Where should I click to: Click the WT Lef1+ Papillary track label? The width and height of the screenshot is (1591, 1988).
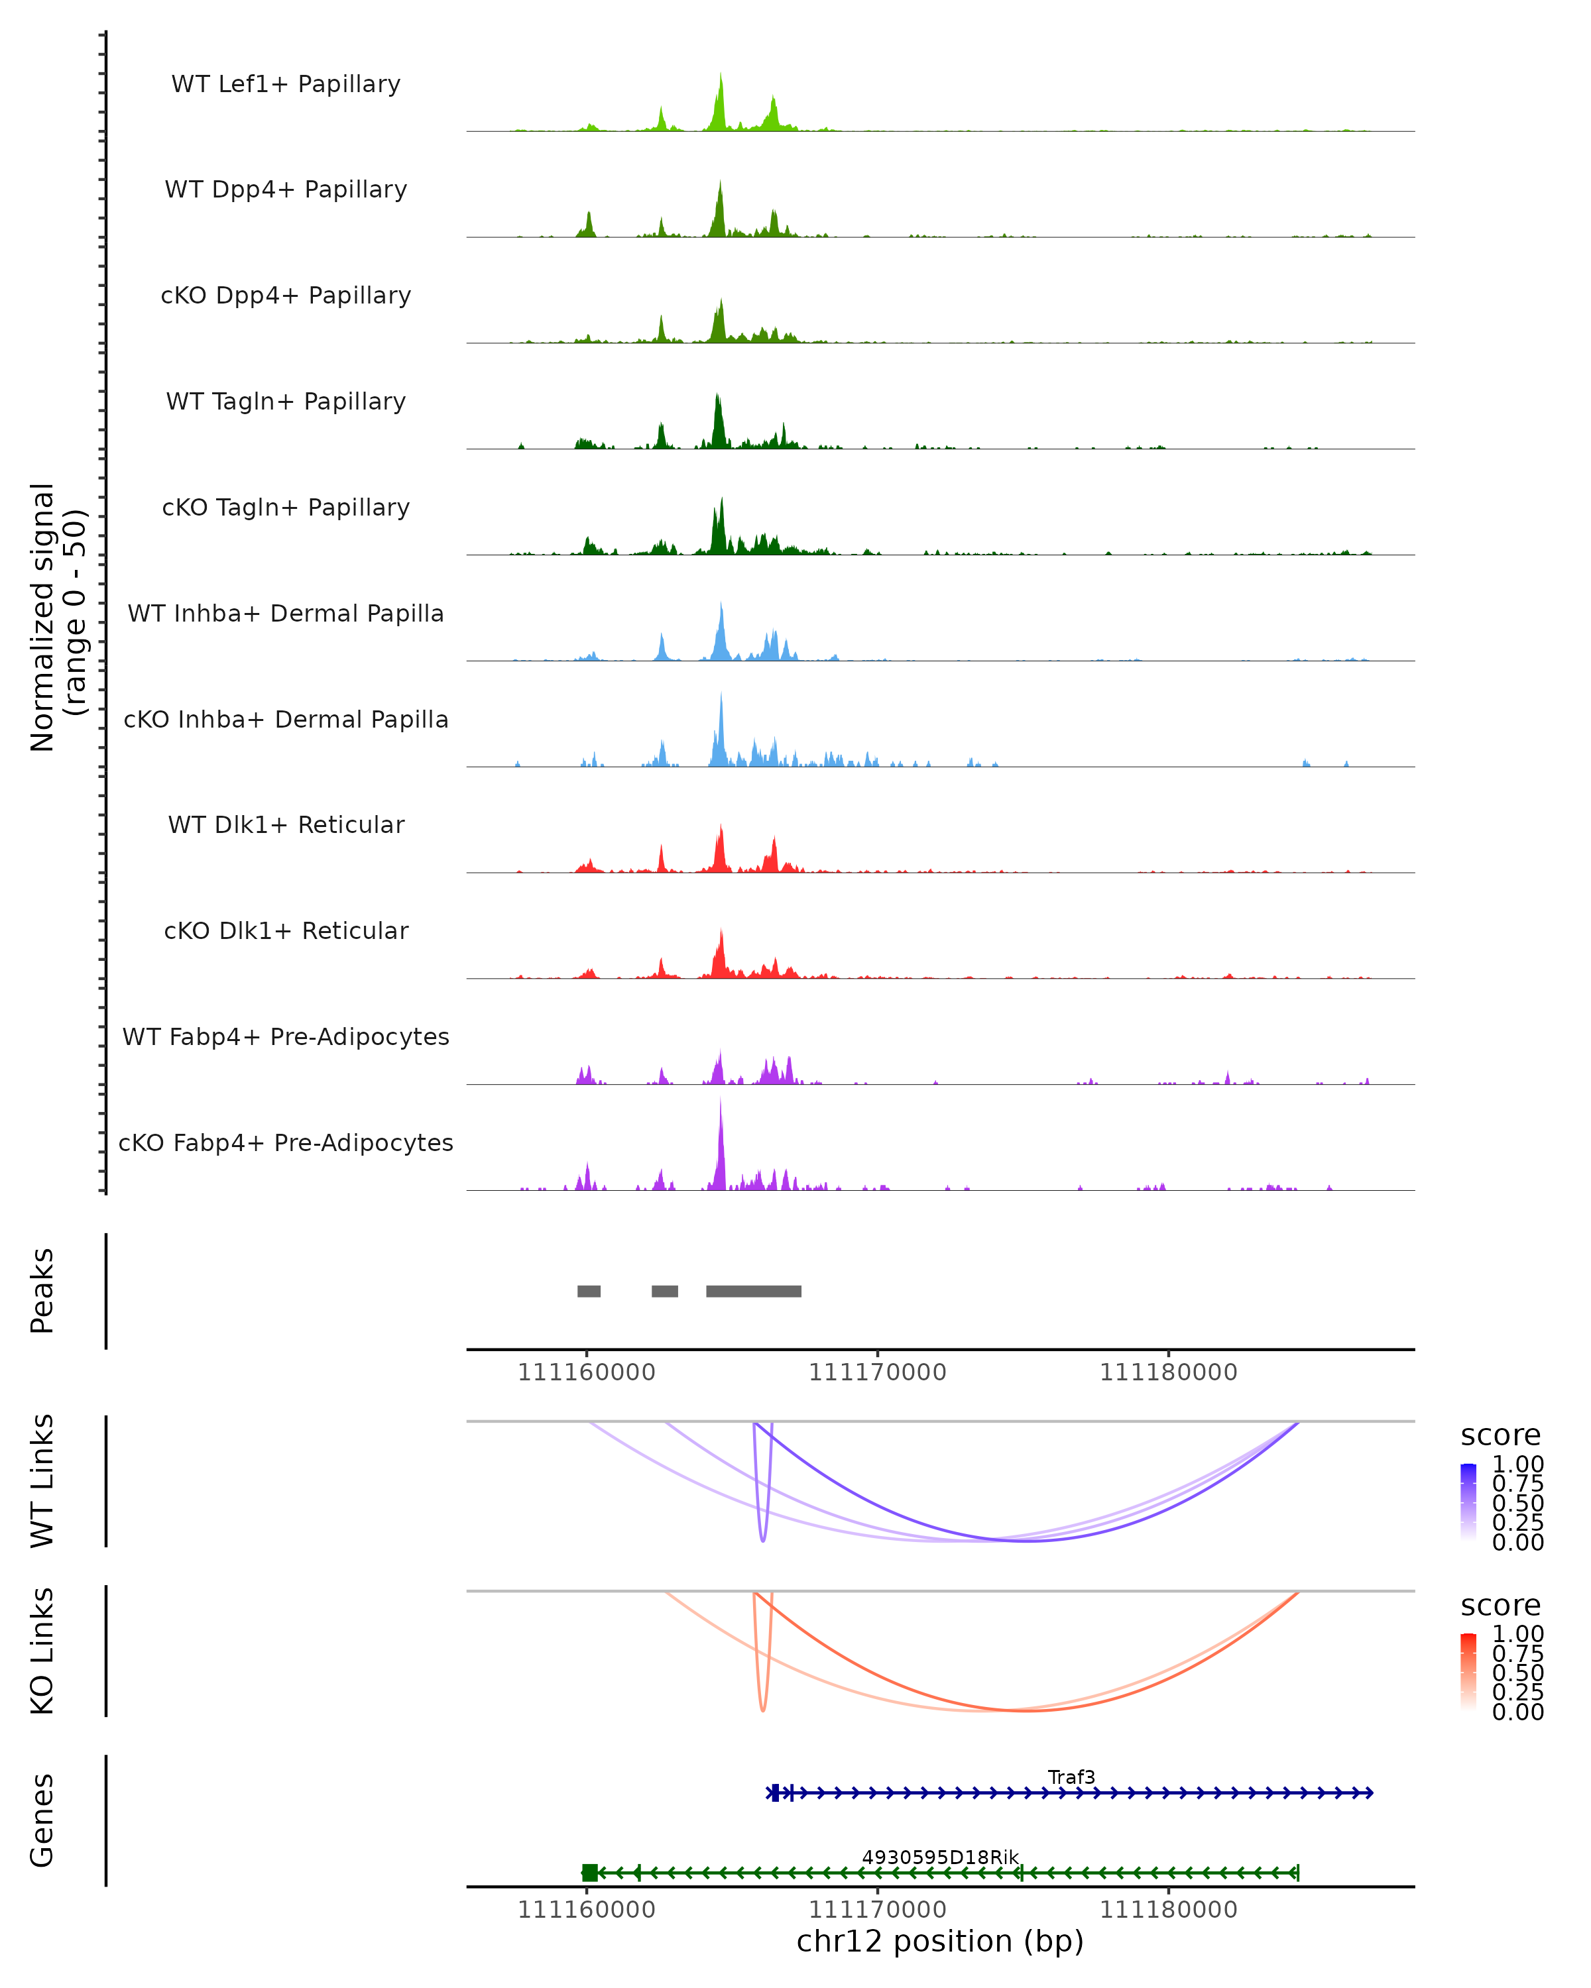coord(286,84)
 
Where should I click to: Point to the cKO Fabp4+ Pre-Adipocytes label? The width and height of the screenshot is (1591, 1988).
coord(286,1142)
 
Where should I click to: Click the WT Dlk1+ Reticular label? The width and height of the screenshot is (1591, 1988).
coord(286,824)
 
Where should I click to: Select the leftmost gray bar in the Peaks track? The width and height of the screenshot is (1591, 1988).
coord(589,1291)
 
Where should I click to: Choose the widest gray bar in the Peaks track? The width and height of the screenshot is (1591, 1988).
coord(754,1291)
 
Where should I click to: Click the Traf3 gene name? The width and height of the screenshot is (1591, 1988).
coord(1071,1777)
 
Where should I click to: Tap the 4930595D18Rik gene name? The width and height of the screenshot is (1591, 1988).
coord(940,1857)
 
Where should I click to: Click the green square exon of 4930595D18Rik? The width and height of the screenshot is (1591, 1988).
coord(589,1872)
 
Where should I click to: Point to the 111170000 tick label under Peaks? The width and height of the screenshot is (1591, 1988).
coord(877,1372)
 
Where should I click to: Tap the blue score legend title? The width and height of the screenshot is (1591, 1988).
coord(1500,1435)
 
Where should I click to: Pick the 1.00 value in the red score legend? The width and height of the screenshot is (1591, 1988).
coord(1517,1633)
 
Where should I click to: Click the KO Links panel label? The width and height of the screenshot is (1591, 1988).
coord(42,1651)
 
